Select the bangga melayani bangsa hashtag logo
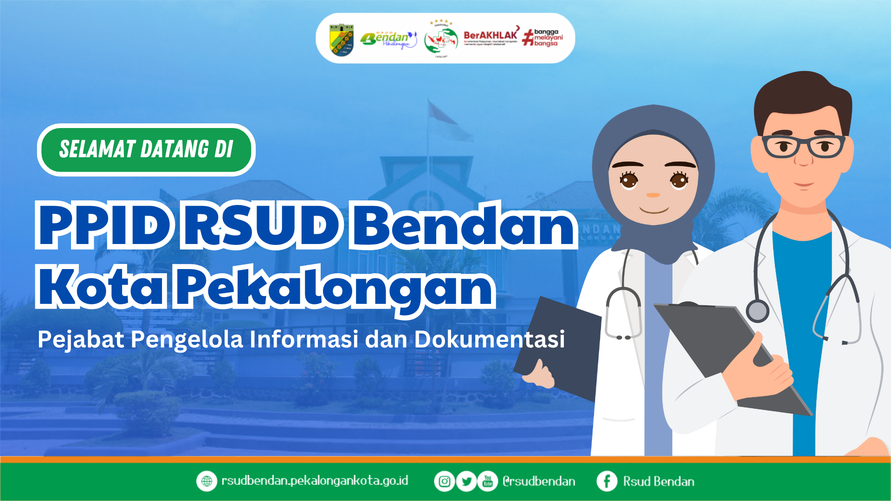click(x=543, y=38)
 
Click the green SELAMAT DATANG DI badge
click(x=146, y=150)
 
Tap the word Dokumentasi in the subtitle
click(x=489, y=340)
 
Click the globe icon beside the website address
click(x=207, y=481)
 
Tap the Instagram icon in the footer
click(x=444, y=482)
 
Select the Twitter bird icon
click(x=466, y=482)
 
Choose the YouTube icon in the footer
click(x=488, y=482)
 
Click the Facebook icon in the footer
click(x=607, y=482)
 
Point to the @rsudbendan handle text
click(x=539, y=482)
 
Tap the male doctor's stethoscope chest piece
click(x=757, y=310)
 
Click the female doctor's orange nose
click(x=653, y=195)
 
